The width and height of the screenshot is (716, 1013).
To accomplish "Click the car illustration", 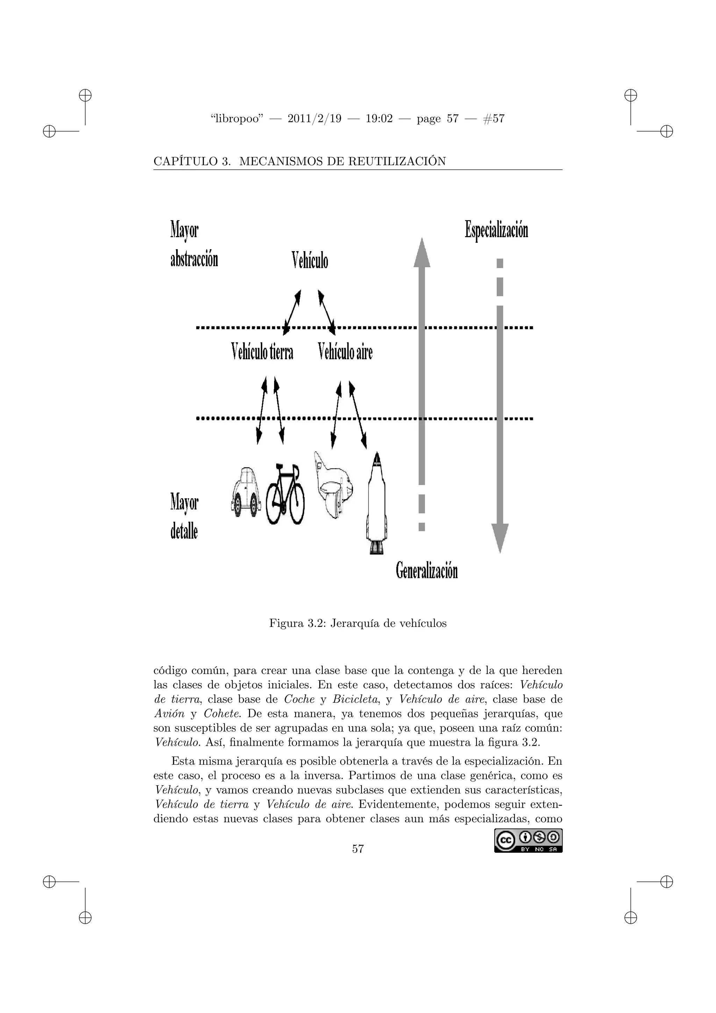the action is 245,491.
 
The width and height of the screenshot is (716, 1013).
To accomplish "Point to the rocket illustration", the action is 377,503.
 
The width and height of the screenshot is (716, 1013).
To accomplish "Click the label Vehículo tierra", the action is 262,352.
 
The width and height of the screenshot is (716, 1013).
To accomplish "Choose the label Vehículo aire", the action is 345,352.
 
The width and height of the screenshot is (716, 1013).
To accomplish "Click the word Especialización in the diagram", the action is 496,230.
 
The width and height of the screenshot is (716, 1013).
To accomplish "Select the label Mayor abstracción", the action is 194,245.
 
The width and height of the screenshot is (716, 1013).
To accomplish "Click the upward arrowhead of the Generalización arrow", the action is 422,253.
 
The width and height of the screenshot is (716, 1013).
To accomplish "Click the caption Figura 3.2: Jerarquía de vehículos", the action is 358,623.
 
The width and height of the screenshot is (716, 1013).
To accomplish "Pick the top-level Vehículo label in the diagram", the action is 310,260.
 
